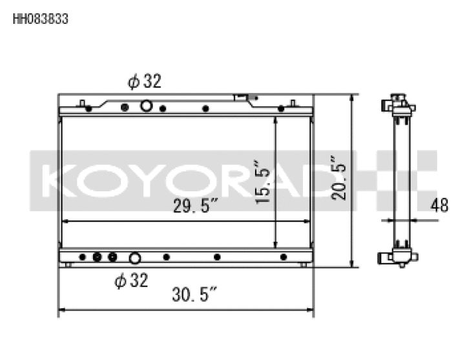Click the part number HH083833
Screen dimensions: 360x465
tap(40, 19)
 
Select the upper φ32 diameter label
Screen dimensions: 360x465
tap(143, 81)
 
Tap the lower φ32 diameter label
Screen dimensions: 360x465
tap(131, 281)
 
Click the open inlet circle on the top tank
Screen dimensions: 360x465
tap(146, 107)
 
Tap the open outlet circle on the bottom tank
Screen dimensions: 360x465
tap(134, 259)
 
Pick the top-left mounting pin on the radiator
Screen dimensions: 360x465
tap(83, 103)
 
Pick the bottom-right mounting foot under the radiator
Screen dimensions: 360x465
tap(303, 264)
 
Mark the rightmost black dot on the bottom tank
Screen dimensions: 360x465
tap(283, 257)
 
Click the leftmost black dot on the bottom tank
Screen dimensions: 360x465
tap(82, 257)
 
